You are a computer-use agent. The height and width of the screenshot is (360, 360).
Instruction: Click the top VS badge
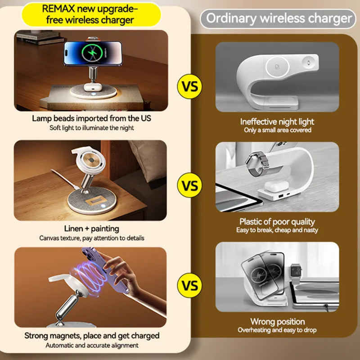[x=189, y=86]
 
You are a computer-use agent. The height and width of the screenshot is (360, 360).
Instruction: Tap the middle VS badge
[x=189, y=184]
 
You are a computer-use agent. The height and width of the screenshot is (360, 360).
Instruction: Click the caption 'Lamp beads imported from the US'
[x=91, y=119]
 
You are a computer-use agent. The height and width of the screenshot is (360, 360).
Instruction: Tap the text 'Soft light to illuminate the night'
[x=91, y=128]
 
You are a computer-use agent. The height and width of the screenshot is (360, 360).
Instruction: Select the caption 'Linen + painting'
[x=91, y=229]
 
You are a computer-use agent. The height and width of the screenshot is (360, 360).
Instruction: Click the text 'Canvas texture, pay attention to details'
[x=91, y=238]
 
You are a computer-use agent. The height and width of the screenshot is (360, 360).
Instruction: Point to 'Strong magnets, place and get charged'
[x=91, y=336]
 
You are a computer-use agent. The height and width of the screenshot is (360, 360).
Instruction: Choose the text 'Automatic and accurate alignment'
[x=91, y=345]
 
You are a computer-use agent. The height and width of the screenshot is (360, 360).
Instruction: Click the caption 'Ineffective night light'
[x=277, y=121]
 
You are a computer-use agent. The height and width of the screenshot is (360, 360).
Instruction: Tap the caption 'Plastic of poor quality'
[x=277, y=221]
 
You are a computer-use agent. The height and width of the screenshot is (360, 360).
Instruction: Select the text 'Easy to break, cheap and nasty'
[x=277, y=230]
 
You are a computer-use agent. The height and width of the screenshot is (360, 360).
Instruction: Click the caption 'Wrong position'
[x=277, y=321]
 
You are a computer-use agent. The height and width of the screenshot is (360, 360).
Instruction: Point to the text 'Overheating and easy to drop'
[x=277, y=330]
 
